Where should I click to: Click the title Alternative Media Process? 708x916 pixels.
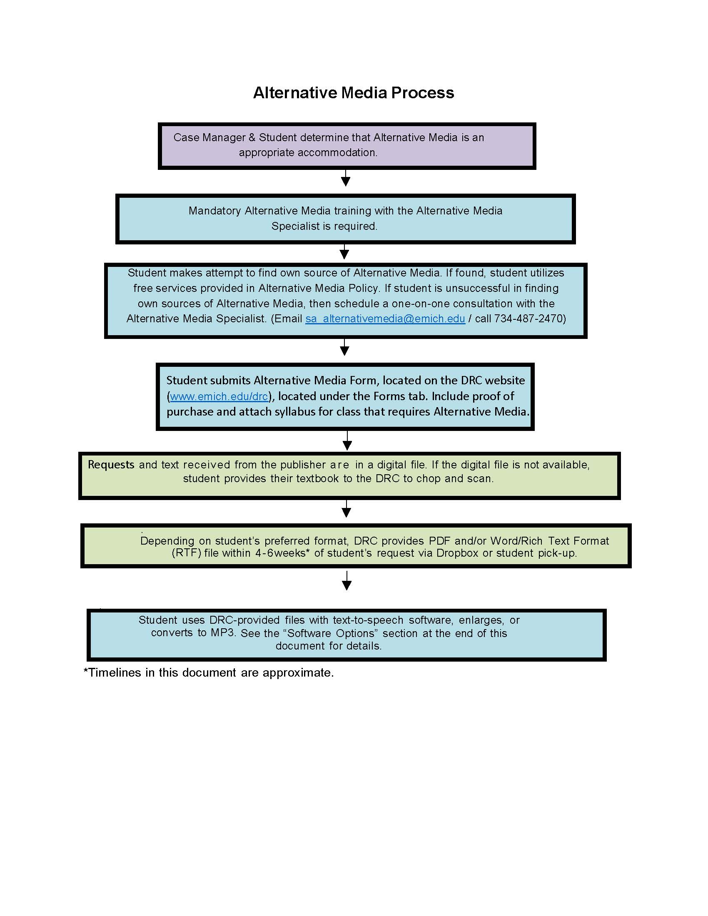click(x=354, y=93)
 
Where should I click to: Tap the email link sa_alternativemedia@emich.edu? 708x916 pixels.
click(x=385, y=319)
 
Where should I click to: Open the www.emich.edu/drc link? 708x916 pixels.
click(x=219, y=396)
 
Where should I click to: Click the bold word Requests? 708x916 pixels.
click(x=111, y=465)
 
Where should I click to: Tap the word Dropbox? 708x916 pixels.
click(x=457, y=553)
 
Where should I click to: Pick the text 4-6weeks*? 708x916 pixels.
click(x=282, y=553)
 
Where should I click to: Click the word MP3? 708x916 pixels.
click(x=223, y=632)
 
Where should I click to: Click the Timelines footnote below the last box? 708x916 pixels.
click(x=209, y=673)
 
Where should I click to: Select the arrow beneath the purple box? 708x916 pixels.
click(x=345, y=178)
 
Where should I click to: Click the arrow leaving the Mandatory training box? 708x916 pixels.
click(x=344, y=251)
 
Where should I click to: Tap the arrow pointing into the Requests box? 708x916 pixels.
click(x=347, y=441)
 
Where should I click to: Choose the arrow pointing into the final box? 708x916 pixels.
click(x=347, y=580)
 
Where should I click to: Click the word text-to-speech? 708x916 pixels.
click(x=368, y=620)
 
